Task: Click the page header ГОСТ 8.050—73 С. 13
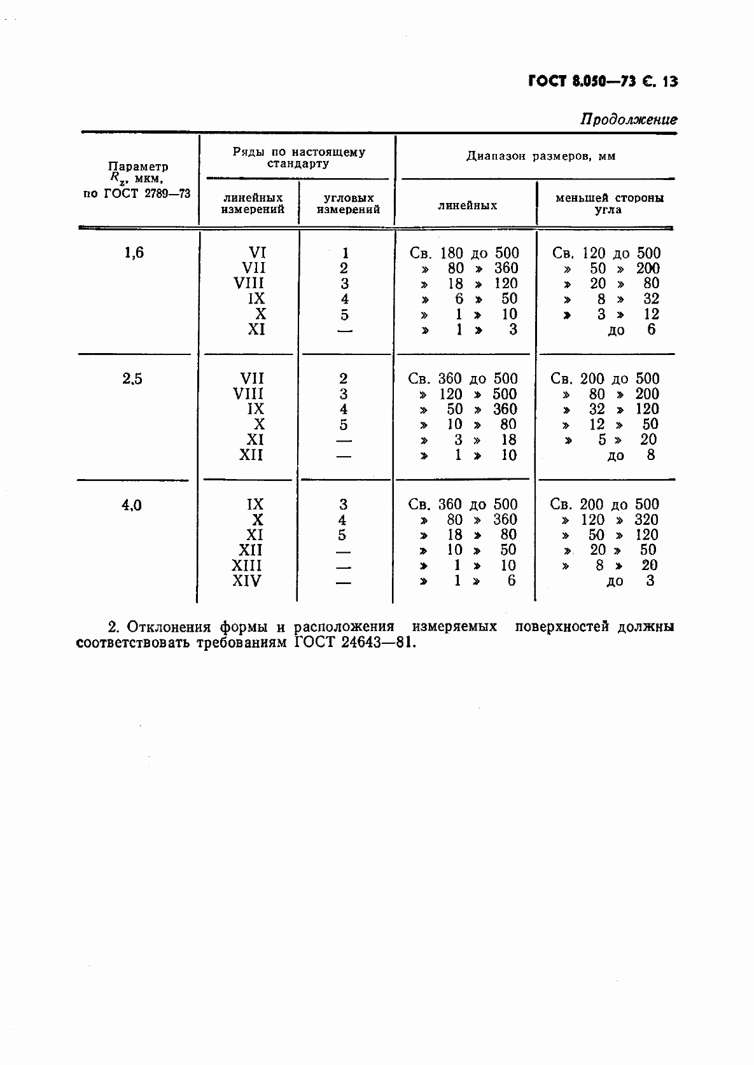click(603, 82)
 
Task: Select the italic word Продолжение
click(629, 120)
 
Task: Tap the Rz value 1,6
click(134, 253)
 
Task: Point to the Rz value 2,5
click(132, 379)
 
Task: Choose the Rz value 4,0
click(132, 506)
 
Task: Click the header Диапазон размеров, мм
click(541, 156)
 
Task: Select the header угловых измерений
click(348, 204)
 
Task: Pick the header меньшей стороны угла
click(609, 204)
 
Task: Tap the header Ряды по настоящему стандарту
click(298, 158)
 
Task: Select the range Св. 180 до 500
click(464, 253)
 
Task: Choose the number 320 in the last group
click(646, 520)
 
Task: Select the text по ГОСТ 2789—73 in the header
click(137, 193)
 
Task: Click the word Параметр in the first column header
click(138, 167)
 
